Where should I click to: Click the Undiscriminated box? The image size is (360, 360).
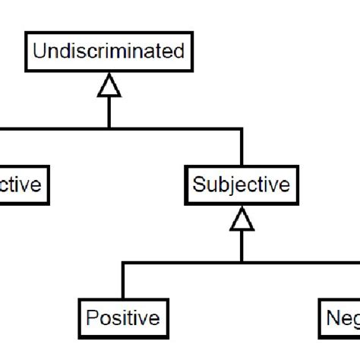pyautogui.click(x=109, y=52)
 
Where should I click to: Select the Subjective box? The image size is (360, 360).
pyautogui.click(x=241, y=185)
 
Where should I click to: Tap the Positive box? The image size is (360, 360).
pyautogui.click(x=122, y=317)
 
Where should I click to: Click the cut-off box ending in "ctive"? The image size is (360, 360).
pyautogui.click(x=23, y=185)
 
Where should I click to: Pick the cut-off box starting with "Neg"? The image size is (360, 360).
pyautogui.click(x=339, y=317)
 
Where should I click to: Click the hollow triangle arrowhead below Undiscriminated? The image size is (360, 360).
pyautogui.click(x=109, y=89)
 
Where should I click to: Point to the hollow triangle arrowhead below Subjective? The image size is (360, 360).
pyautogui.click(x=242, y=220)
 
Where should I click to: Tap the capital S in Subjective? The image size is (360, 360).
pyautogui.click(x=199, y=185)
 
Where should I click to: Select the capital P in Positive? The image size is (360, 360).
pyautogui.click(x=91, y=317)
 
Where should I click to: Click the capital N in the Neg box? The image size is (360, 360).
pyautogui.click(x=332, y=317)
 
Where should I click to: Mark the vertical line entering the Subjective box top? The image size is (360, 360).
pyautogui.click(x=242, y=148)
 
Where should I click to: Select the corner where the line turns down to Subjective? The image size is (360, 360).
pyautogui.click(x=242, y=128)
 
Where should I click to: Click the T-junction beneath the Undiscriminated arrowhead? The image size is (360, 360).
pyautogui.click(x=109, y=128)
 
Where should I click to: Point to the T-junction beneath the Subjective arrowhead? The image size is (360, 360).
pyautogui.click(x=242, y=263)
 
